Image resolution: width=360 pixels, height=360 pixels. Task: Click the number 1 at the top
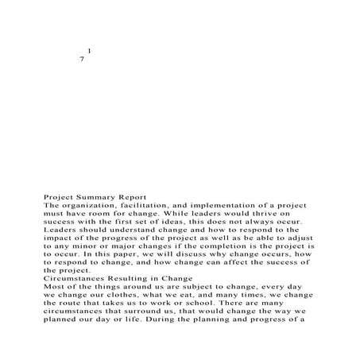click(x=89, y=52)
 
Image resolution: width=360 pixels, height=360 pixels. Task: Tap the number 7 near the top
click(x=82, y=61)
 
